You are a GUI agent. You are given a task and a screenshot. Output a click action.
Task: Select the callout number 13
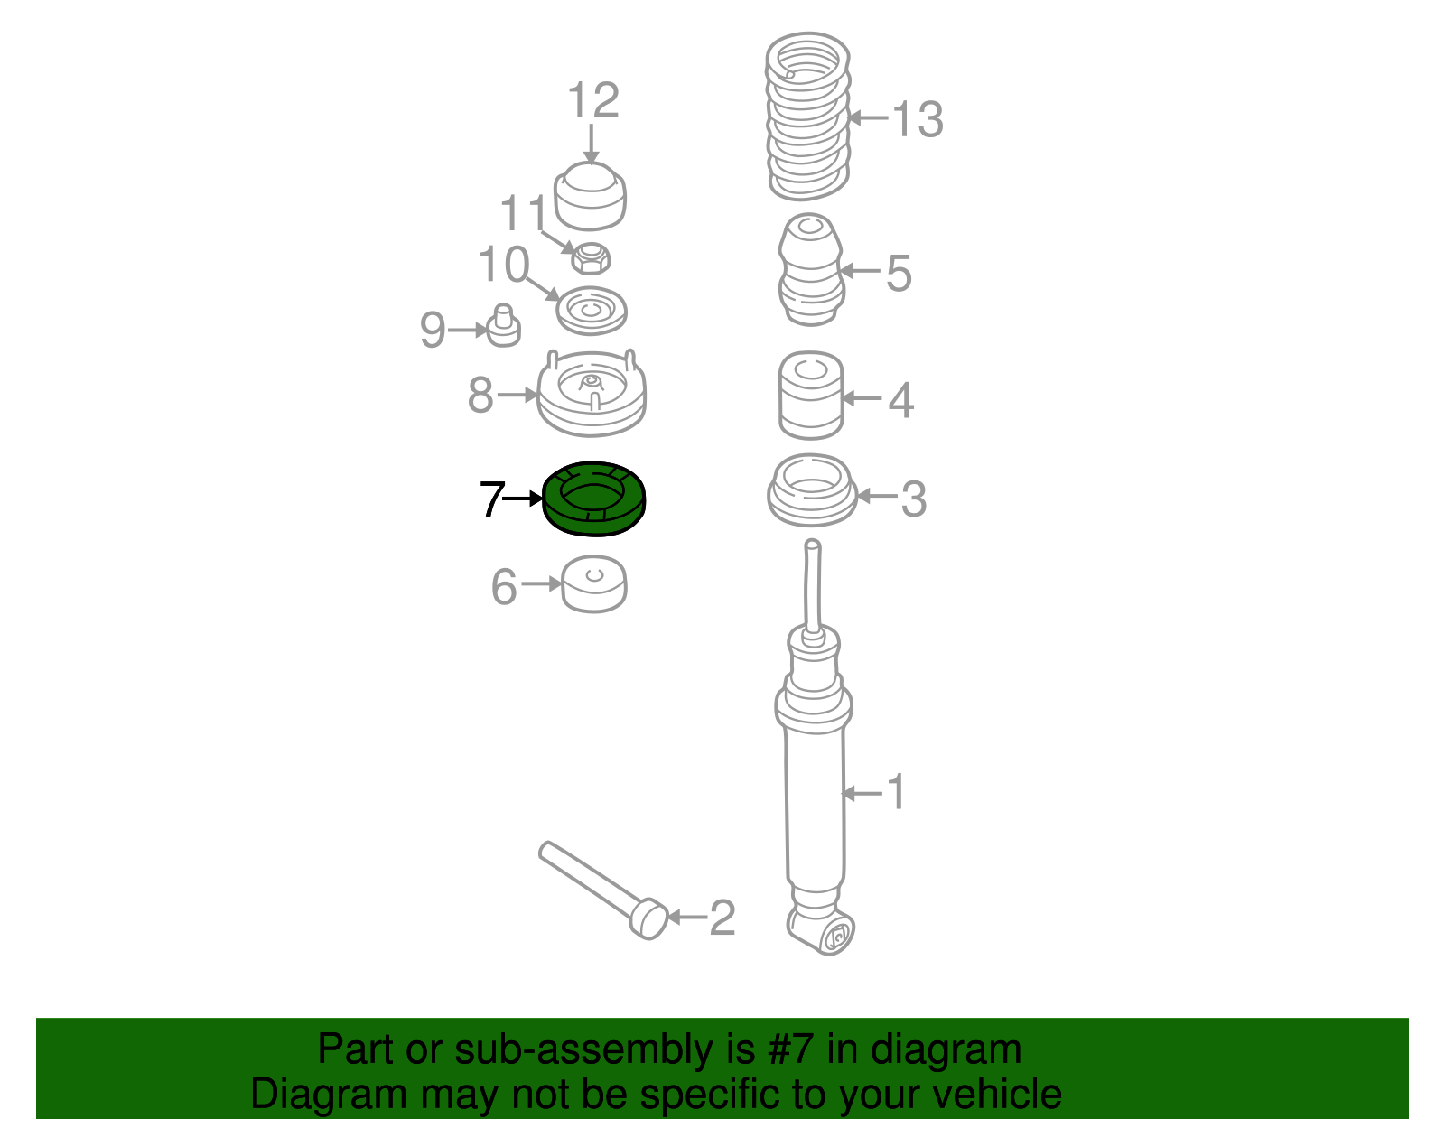(x=917, y=119)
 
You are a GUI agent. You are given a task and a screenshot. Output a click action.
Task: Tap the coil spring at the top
(x=808, y=117)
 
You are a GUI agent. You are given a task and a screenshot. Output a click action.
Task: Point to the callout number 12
(x=593, y=100)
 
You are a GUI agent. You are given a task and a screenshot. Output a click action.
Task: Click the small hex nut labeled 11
(x=591, y=258)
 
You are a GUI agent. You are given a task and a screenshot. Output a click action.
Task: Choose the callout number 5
(x=899, y=273)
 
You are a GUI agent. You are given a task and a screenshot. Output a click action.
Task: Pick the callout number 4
(x=901, y=400)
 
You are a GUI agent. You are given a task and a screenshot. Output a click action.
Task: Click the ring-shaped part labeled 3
(x=812, y=490)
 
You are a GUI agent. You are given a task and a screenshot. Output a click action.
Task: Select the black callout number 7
(x=492, y=499)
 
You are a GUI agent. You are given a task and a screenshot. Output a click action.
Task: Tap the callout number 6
(x=503, y=587)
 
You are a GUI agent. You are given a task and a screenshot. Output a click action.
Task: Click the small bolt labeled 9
(x=503, y=326)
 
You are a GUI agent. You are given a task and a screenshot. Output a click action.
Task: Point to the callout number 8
(x=480, y=395)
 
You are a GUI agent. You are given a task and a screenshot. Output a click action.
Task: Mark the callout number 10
(x=504, y=265)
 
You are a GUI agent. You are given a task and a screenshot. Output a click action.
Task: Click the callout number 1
(x=897, y=792)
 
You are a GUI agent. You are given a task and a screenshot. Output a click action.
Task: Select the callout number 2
(x=722, y=918)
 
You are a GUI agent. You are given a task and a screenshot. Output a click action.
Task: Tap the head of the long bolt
(x=648, y=918)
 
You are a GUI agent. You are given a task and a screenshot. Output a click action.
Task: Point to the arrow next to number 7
(x=524, y=498)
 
